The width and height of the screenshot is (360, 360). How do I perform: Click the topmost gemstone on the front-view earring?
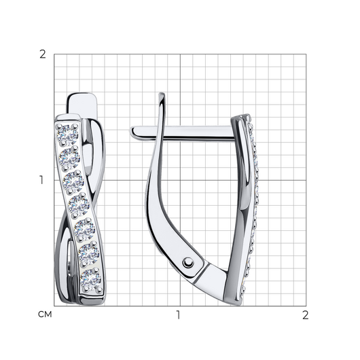[68, 135]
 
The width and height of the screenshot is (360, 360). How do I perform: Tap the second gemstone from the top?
[69, 158]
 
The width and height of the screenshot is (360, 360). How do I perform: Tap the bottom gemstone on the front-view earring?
[91, 279]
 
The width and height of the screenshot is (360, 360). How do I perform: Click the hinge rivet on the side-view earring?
[188, 262]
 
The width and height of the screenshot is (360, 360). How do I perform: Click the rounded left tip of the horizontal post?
[132, 131]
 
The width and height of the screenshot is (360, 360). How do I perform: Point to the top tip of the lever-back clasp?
[162, 94]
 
